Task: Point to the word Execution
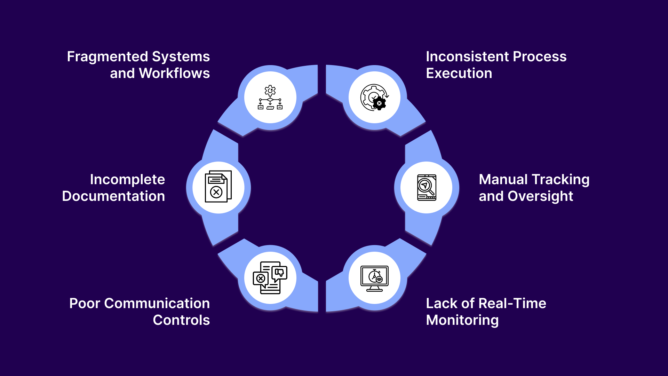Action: pyautogui.click(x=459, y=73)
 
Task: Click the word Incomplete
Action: pyautogui.click(x=127, y=180)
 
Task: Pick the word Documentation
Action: pyautogui.click(x=113, y=196)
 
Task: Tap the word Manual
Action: pyautogui.click(x=503, y=180)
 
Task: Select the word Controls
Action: pyautogui.click(x=181, y=320)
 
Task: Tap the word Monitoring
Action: pyautogui.click(x=462, y=320)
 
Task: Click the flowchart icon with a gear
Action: pyautogui.click(x=270, y=97)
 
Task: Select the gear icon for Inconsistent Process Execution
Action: pyautogui.click(x=374, y=97)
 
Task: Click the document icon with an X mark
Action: pyautogui.click(x=218, y=187)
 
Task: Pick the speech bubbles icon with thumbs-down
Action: pyautogui.click(x=270, y=278)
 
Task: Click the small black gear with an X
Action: pyautogui.click(x=379, y=103)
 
